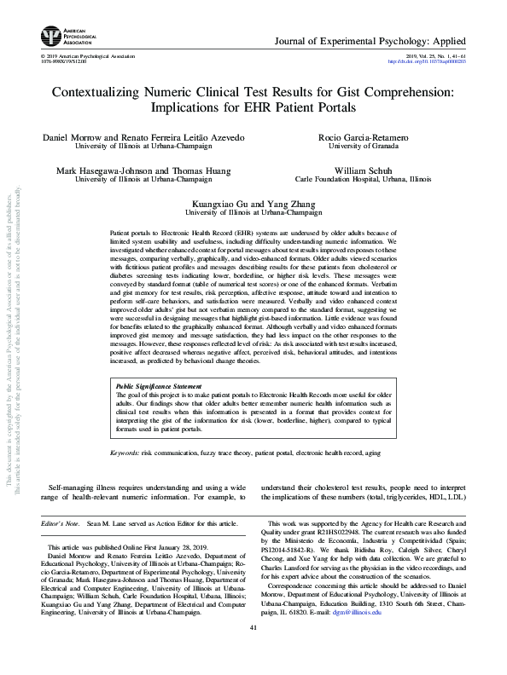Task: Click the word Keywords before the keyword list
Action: tap(125, 452)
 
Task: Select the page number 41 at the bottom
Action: tap(253, 652)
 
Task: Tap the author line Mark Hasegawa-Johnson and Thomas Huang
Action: tap(142, 170)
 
